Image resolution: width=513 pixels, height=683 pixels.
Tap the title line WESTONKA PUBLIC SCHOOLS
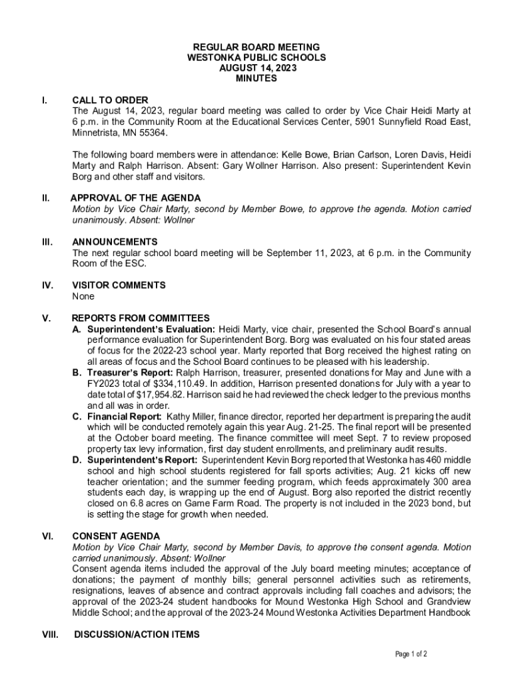pos(256,58)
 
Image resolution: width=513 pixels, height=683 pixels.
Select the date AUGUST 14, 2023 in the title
pos(256,68)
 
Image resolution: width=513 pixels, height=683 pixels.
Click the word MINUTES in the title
pos(256,79)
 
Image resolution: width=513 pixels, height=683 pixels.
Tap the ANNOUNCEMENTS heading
pos(115,241)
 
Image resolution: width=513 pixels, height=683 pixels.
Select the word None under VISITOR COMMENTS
pos(83,296)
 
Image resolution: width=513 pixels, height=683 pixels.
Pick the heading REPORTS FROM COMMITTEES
pos(141,318)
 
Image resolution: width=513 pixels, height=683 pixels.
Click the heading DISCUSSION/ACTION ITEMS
pos(137,634)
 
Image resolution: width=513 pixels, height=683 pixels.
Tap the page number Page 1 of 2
pos(411,654)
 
